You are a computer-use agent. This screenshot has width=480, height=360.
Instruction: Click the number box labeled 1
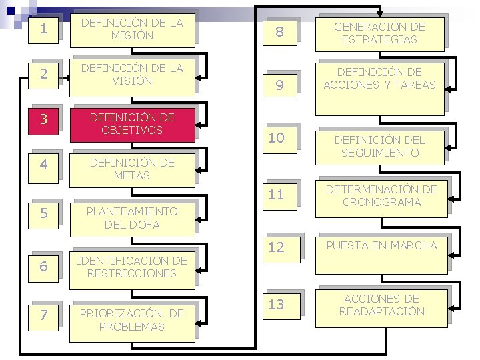(x=43, y=30)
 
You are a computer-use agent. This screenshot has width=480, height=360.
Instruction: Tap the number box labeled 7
(x=43, y=315)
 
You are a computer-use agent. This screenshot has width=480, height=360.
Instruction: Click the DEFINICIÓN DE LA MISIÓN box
(x=132, y=29)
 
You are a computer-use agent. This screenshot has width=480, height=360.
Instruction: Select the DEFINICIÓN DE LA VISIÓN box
(x=132, y=75)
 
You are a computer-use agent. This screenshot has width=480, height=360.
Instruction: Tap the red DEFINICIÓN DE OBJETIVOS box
(x=132, y=124)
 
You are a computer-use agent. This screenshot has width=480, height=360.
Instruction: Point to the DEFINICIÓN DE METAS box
(x=132, y=170)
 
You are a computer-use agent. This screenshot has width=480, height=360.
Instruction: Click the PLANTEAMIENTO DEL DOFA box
(x=132, y=218)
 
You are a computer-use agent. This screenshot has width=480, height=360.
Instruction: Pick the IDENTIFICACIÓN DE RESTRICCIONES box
(x=132, y=267)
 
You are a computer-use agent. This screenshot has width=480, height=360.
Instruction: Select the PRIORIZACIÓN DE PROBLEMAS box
(x=132, y=321)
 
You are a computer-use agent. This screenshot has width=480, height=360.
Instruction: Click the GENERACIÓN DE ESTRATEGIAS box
(x=380, y=33)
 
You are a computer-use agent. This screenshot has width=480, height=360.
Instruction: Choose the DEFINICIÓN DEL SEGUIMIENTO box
(x=380, y=145)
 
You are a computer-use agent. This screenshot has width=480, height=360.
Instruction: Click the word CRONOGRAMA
(x=380, y=202)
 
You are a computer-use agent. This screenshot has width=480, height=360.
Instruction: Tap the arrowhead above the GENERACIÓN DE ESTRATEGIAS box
(x=380, y=12)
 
